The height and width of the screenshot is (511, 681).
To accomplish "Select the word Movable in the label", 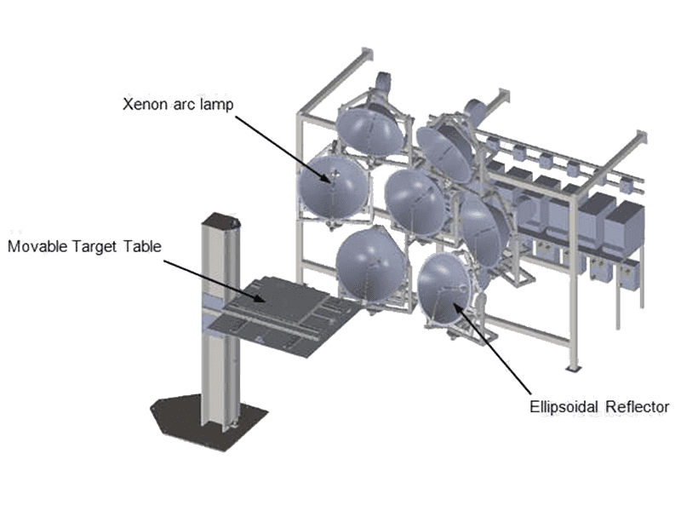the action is coord(37,247).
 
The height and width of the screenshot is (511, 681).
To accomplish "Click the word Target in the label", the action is coord(95,247).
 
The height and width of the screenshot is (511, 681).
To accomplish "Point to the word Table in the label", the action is coord(142,246).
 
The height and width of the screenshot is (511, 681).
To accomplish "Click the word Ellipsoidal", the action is coord(564,408).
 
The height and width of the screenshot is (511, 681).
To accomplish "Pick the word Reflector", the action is coord(637,407).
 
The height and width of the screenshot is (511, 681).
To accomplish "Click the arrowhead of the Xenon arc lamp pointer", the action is coord(326,178).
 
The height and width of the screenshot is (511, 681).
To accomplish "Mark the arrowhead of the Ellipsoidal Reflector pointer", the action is coord(456,307).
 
